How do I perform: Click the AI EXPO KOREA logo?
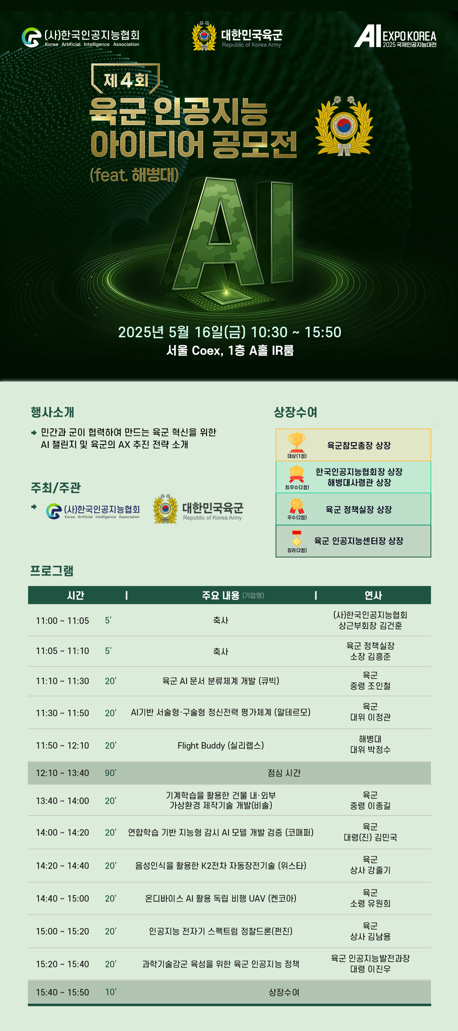pos(395,36)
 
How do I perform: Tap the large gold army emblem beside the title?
pos(344,125)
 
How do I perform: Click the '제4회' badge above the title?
pos(126,79)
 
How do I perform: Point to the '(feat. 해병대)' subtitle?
pos(134,175)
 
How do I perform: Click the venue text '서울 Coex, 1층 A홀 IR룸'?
pos(230,351)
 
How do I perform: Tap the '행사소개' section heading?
pos(52,412)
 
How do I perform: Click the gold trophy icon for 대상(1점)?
pos(297,442)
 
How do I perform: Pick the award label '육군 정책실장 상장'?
pos(359,509)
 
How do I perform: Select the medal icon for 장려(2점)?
pos(297,538)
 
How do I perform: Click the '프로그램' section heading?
pos(52,570)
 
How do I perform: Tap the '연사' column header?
pos(373,596)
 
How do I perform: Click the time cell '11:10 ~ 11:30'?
pos(63,681)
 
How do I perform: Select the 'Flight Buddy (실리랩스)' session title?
pos(221,746)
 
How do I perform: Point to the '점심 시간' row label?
pos(284,773)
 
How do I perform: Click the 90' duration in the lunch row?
pos(111,773)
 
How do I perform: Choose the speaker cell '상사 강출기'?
pos(370,870)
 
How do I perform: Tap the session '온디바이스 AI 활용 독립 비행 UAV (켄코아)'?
pos(221,899)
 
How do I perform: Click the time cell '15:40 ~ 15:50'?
pos(63,992)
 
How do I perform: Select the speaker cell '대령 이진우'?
pos(370,969)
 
